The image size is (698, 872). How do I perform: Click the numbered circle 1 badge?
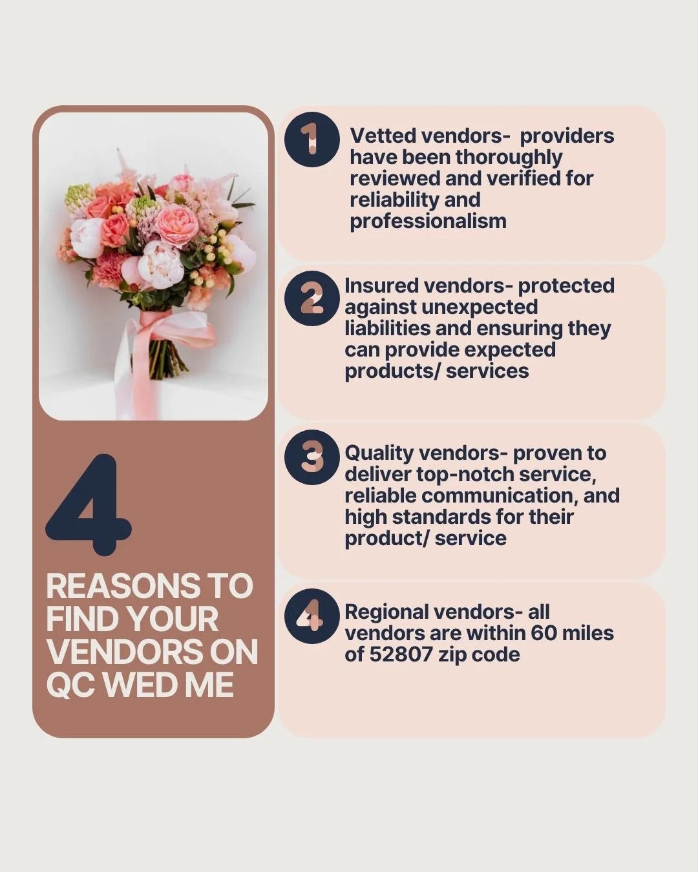tap(312, 140)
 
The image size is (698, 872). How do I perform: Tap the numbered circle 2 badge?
tap(312, 298)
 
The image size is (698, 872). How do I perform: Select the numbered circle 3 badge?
tap(312, 457)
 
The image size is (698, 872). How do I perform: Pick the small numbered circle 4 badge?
tap(312, 616)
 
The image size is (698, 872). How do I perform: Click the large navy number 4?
tap(89, 504)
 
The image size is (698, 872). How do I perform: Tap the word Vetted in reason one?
tap(383, 136)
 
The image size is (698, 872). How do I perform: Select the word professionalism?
tap(428, 222)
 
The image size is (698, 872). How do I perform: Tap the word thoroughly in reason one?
tap(509, 158)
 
